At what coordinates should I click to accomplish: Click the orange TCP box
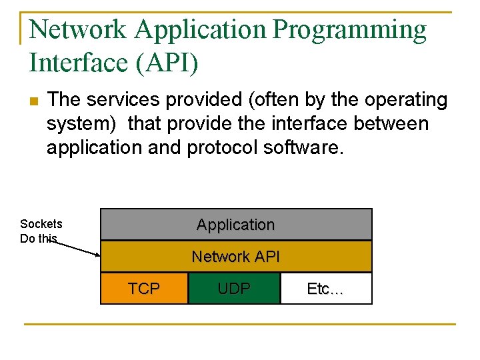144,289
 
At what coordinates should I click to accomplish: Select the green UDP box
234,289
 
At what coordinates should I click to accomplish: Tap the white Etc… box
325,289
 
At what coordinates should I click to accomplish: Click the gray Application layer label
235,225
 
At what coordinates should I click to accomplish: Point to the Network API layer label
235,257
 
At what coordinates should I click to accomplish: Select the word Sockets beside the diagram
41,224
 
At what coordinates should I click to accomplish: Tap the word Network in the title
77,30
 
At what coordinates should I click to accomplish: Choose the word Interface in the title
73,63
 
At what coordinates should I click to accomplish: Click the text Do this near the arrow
39,239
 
